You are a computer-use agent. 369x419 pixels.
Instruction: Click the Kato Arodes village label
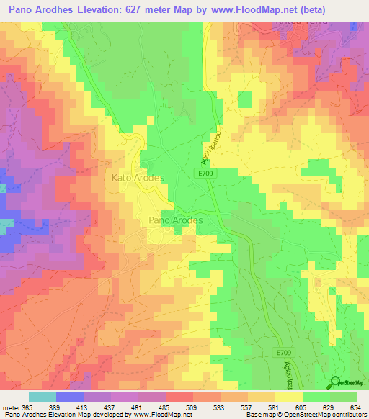tap(138, 177)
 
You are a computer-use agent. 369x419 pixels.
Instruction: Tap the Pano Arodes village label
tap(175, 220)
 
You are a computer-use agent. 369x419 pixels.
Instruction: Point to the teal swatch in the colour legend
tap(42, 397)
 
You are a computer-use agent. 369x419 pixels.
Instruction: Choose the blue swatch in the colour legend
tap(69, 397)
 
